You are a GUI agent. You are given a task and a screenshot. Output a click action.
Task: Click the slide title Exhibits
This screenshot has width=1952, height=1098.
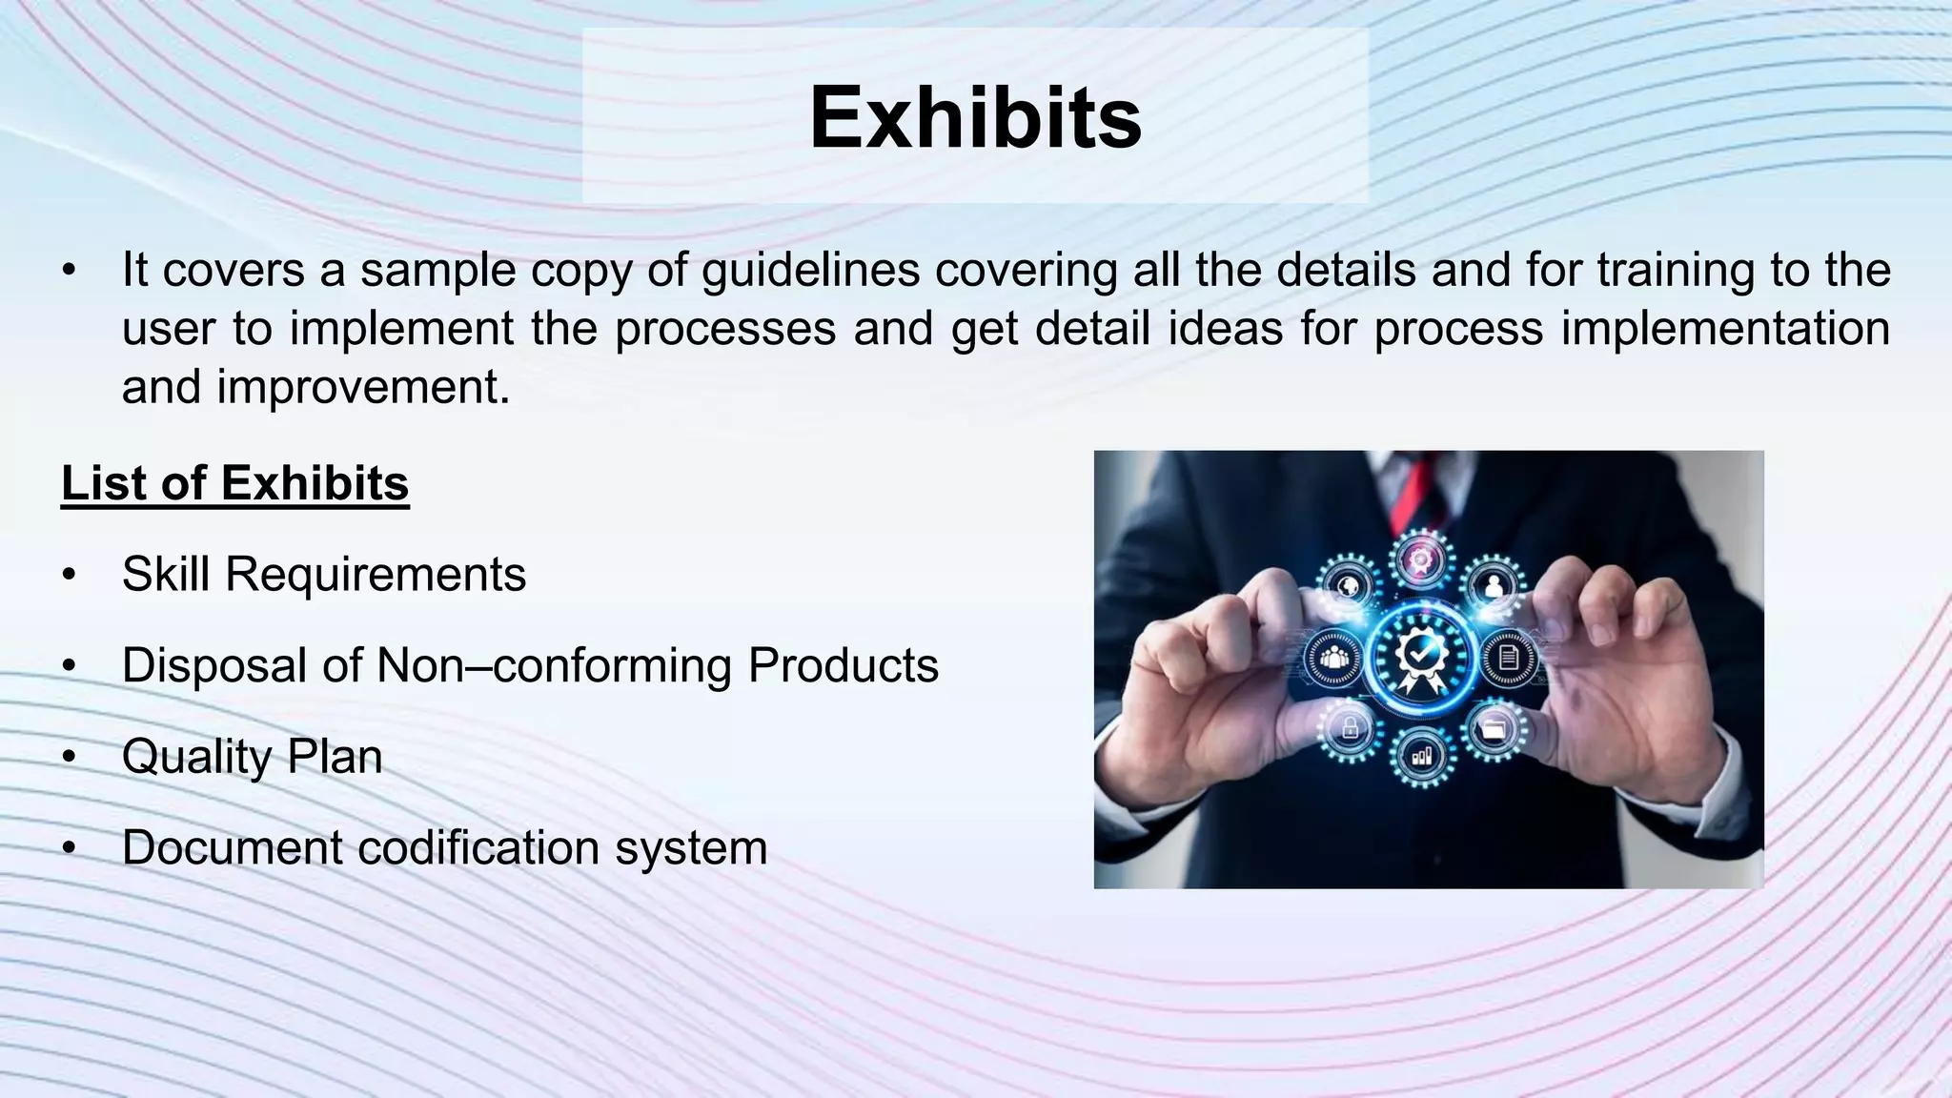point(975,118)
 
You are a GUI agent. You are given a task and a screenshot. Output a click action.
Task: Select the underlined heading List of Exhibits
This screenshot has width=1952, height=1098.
point(234,483)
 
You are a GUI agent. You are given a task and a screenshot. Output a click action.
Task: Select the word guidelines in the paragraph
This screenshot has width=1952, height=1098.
point(810,270)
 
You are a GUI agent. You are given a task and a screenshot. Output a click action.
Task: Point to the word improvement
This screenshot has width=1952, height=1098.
point(363,387)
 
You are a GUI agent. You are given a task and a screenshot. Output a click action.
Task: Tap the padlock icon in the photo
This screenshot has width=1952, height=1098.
point(1350,730)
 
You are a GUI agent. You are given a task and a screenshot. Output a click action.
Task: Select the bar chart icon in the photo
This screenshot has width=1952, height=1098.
point(1422,757)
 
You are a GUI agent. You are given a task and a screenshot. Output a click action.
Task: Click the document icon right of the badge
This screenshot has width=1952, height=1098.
point(1509,658)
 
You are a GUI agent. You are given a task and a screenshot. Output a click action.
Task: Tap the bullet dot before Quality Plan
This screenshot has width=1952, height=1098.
point(68,758)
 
